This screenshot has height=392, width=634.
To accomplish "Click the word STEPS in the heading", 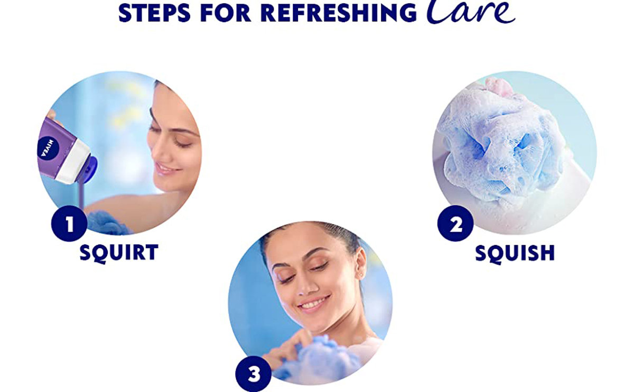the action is tap(154, 13).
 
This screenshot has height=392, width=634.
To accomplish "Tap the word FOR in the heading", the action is tap(226, 13).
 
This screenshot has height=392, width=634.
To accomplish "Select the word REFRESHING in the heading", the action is tap(339, 13).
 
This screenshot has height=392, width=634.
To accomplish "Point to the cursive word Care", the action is tap(470, 11).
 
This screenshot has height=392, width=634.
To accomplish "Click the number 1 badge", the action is tap(69, 223).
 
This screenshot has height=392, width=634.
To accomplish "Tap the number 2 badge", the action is tap(455, 223).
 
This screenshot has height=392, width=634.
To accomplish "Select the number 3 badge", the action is tap(254, 374).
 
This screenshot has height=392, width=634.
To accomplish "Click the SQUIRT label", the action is tap(119, 253).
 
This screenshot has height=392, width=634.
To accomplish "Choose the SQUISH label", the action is tap(515, 253).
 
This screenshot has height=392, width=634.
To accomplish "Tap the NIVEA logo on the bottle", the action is tap(48, 148).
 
